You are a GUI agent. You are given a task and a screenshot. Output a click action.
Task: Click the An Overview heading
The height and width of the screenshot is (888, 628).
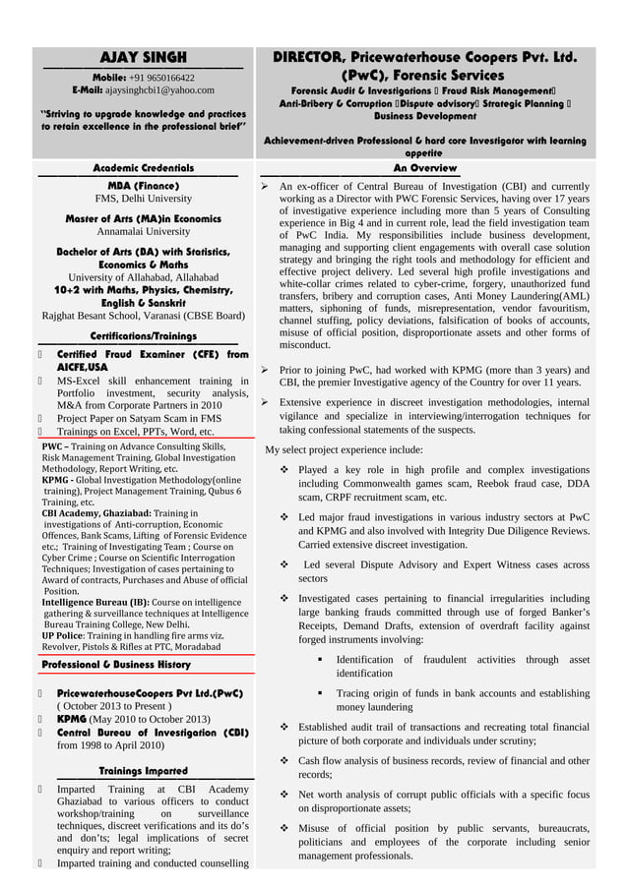424,169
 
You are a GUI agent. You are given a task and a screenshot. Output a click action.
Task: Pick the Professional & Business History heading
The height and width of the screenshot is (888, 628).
116,665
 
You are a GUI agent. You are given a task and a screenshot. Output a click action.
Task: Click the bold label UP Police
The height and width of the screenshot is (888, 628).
61,636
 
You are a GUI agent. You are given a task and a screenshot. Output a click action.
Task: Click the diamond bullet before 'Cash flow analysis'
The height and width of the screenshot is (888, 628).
285,760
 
